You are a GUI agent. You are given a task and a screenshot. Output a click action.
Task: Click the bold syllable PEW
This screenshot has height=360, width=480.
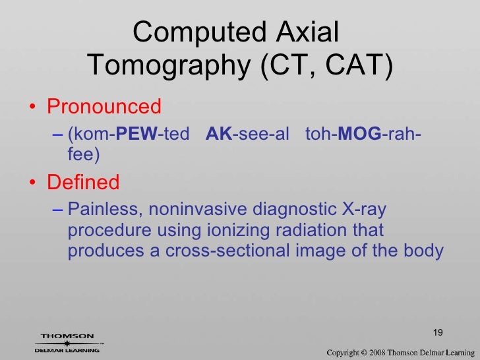point(142,136)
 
